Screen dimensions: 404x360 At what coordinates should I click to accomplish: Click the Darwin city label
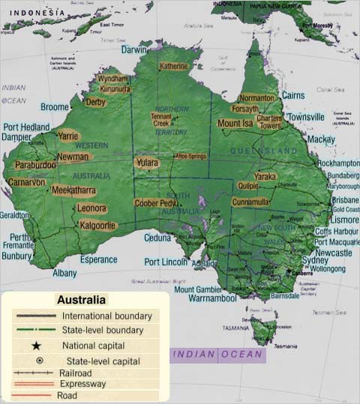click(x=135, y=49)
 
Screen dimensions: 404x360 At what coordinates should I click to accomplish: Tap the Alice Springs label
click(x=190, y=156)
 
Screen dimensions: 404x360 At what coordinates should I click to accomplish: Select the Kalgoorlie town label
click(x=98, y=225)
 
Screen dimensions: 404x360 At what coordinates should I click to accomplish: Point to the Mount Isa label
click(x=235, y=124)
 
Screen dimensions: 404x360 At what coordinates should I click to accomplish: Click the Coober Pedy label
click(x=155, y=203)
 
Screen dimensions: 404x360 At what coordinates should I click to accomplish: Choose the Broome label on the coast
click(x=55, y=107)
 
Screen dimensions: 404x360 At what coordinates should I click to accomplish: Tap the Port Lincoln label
click(x=166, y=262)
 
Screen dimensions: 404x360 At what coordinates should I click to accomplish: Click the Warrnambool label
click(x=212, y=298)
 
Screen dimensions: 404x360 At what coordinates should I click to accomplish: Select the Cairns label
click(x=292, y=96)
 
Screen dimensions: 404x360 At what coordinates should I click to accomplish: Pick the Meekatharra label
click(x=73, y=190)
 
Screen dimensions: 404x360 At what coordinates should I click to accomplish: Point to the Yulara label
click(x=147, y=162)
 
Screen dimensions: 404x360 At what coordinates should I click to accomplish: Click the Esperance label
click(x=98, y=260)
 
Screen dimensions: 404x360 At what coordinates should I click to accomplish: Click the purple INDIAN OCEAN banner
click(x=217, y=354)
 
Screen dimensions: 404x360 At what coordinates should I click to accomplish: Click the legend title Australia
click(x=82, y=300)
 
